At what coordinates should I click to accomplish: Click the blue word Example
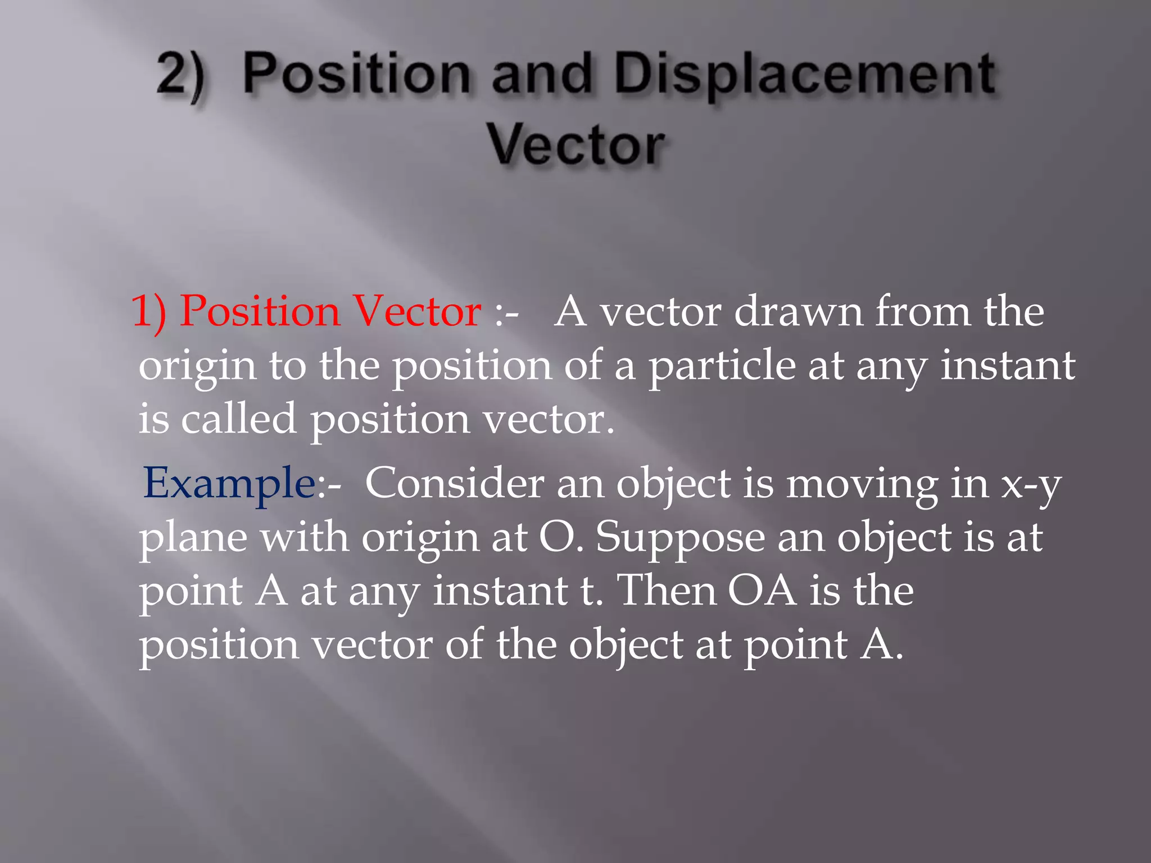pyautogui.click(x=229, y=484)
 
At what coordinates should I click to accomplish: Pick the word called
pyautogui.click(x=238, y=419)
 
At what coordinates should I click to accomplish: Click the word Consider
pyautogui.click(x=455, y=483)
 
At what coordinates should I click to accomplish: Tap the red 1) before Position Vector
pyautogui.click(x=149, y=312)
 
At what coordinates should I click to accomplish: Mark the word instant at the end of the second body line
pyautogui.click(x=1008, y=365)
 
